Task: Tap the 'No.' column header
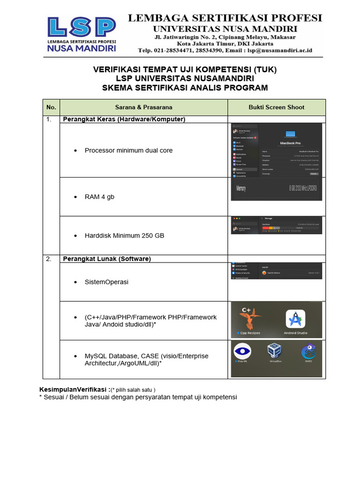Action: (51, 107)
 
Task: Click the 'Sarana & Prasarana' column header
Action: (143, 107)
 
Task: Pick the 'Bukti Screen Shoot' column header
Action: (276, 107)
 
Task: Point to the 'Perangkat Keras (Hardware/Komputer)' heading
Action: (124, 120)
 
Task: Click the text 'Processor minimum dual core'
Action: (128, 150)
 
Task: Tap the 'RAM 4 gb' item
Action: (99, 197)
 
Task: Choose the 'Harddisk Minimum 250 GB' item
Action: (124, 235)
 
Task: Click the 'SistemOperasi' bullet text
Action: (106, 282)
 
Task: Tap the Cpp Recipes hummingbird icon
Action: (250, 319)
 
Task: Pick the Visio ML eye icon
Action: (242, 351)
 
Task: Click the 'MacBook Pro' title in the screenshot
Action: (290, 142)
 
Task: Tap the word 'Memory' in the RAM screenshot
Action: (241, 188)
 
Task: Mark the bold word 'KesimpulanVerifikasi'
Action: (73, 390)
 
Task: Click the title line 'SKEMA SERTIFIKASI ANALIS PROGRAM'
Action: (185, 88)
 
